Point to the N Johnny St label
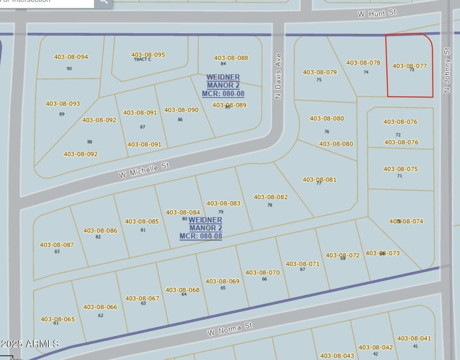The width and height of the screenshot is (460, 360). click(x=446, y=70)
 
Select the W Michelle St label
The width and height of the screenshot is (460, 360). click(x=145, y=170)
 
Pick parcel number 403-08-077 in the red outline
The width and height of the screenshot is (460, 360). click(x=409, y=66)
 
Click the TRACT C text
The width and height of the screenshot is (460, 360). click(x=142, y=59)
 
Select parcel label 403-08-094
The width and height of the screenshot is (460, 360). click(x=71, y=57)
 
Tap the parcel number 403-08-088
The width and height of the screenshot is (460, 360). click(x=231, y=58)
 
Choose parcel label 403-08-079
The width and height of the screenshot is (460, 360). click(x=319, y=72)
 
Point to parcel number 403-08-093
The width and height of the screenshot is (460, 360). click(x=63, y=104)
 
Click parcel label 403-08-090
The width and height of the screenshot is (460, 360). click(x=181, y=110)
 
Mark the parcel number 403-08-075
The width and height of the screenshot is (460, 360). click(x=400, y=169)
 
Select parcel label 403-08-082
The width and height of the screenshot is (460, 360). click(x=270, y=197)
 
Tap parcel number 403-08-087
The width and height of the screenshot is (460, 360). click(x=57, y=245)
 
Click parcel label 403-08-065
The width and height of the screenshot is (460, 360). click(x=57, y=319)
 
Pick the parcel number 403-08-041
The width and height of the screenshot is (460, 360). click(x=414, y=339)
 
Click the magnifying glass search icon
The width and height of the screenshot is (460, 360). click(x=103, y=2)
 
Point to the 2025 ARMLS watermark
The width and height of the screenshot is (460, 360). click(x=30, y=344)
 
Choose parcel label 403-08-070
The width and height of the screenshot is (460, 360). click(x=262, y=273)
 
